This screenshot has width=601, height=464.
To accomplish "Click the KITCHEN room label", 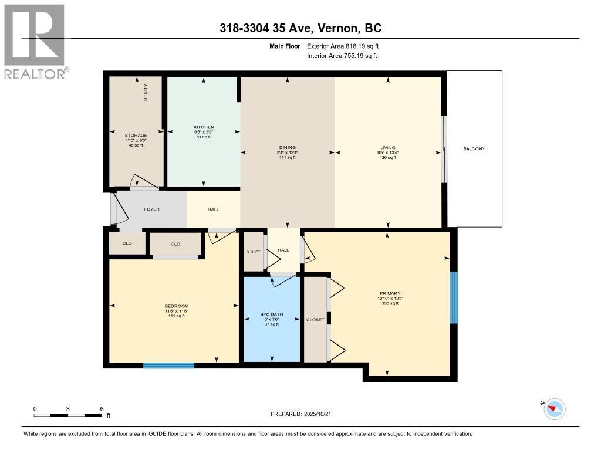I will [x=204, y=127].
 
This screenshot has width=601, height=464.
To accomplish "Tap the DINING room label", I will [x=288, y=148].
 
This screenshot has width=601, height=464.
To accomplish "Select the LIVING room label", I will [x=387, y=148].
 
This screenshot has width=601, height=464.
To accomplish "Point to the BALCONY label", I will [x=474, y=149].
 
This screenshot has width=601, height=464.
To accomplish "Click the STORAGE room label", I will [x=136, y=136].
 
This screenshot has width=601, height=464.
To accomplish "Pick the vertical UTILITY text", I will [x=146, y=93].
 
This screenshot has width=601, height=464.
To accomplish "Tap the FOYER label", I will [x=151, y=209].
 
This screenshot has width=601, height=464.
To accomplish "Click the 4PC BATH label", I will [x=272, y=315].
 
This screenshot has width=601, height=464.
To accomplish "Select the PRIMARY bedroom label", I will [x=390, y=293].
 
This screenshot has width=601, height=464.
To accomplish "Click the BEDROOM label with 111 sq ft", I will [x=176, y=306].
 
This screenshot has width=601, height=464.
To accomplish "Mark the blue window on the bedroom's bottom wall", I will [x=168, y=365].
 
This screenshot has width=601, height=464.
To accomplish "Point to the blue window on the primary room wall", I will [x=453, y=297].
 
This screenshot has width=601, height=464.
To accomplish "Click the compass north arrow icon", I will [x=555, y=409].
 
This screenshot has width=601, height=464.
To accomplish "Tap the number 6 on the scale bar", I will [x=102, y=409].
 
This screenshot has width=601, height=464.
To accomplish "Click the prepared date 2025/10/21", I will [x=305, y=414].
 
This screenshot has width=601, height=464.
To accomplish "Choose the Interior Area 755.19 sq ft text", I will [x=342, y=56].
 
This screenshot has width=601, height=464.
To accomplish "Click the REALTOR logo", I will [x=36, y=42].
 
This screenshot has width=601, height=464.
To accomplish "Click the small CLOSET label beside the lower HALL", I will [x=253, y=252].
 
